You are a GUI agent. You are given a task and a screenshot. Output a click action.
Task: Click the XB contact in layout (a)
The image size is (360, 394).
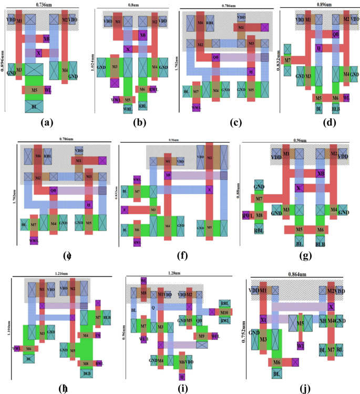46,38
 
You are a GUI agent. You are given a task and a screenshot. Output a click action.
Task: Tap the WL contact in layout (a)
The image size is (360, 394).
48,90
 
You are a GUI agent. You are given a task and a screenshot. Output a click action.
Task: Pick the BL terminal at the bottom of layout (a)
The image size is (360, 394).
34,105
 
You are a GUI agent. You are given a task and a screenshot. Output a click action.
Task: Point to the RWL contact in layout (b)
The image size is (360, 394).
153,89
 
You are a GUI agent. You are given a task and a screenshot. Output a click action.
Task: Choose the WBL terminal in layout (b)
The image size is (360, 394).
128,108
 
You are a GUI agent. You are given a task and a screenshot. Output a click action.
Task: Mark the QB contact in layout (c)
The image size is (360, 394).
216,57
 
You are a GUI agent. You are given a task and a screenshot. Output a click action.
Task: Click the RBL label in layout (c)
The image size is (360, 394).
210,24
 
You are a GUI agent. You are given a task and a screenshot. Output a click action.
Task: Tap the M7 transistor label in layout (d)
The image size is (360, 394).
287,60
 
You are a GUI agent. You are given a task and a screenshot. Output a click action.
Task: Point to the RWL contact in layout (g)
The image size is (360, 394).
246,215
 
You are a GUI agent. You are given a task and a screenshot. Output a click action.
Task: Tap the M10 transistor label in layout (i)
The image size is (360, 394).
224,312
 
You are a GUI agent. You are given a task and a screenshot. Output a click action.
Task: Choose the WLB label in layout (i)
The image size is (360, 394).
142,338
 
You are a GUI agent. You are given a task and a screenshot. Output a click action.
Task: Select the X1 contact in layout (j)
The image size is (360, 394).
264,319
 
